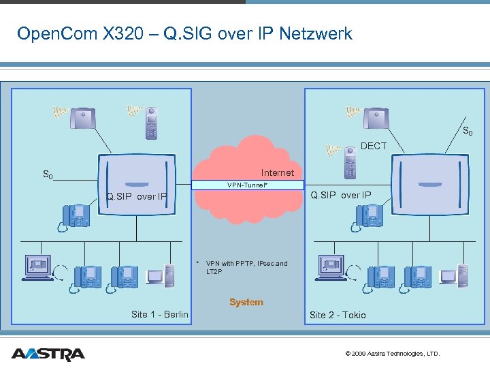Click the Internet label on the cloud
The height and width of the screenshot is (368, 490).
click(x=278, y=172)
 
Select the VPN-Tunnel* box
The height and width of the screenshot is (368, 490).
click(x=247, y=185)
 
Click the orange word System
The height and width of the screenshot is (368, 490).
click(x=246, y=302)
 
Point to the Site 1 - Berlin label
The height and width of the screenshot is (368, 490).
click(x=160, y=314)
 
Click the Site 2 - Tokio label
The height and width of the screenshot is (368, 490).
click(x=338, y=315)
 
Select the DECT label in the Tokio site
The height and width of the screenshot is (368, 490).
click(x=374, y=146)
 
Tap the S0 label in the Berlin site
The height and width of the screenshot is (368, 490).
click(x=48, y=175)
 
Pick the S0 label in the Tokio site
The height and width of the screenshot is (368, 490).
click(x=468, y=131)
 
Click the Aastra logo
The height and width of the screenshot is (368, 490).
click(x=48, y=354)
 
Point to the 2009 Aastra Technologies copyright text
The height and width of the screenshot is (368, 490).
click(x=393, y=354)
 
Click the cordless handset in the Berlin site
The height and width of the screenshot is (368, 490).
click(x=151, y=123)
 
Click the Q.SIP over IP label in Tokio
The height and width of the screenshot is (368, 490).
click(x=341, y=196)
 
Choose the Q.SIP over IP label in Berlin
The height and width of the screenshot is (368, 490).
click(x=136, y=197)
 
